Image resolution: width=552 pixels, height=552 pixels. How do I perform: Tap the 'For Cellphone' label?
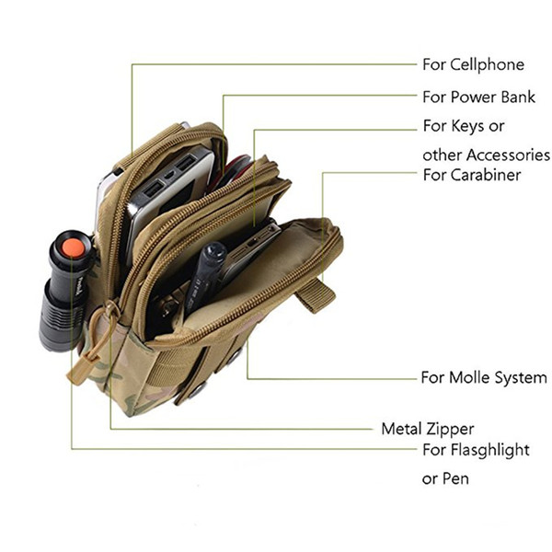[x=473, y=64]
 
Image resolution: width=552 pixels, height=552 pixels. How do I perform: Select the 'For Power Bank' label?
[x=478, y=97]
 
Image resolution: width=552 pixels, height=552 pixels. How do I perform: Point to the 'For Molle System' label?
[x=484, y=378]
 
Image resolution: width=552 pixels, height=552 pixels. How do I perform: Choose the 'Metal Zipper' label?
[x=428, y=429]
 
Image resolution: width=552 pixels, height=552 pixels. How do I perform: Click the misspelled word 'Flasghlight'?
[x=490, y=450]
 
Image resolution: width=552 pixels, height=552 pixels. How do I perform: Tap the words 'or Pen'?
[x=445, y=478]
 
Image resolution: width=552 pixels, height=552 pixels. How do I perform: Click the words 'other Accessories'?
[x=486, y=155]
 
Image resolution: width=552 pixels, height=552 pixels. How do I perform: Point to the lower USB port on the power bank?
[x=152, y=191]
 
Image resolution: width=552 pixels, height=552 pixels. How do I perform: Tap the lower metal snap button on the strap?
[x=197, y=391]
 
